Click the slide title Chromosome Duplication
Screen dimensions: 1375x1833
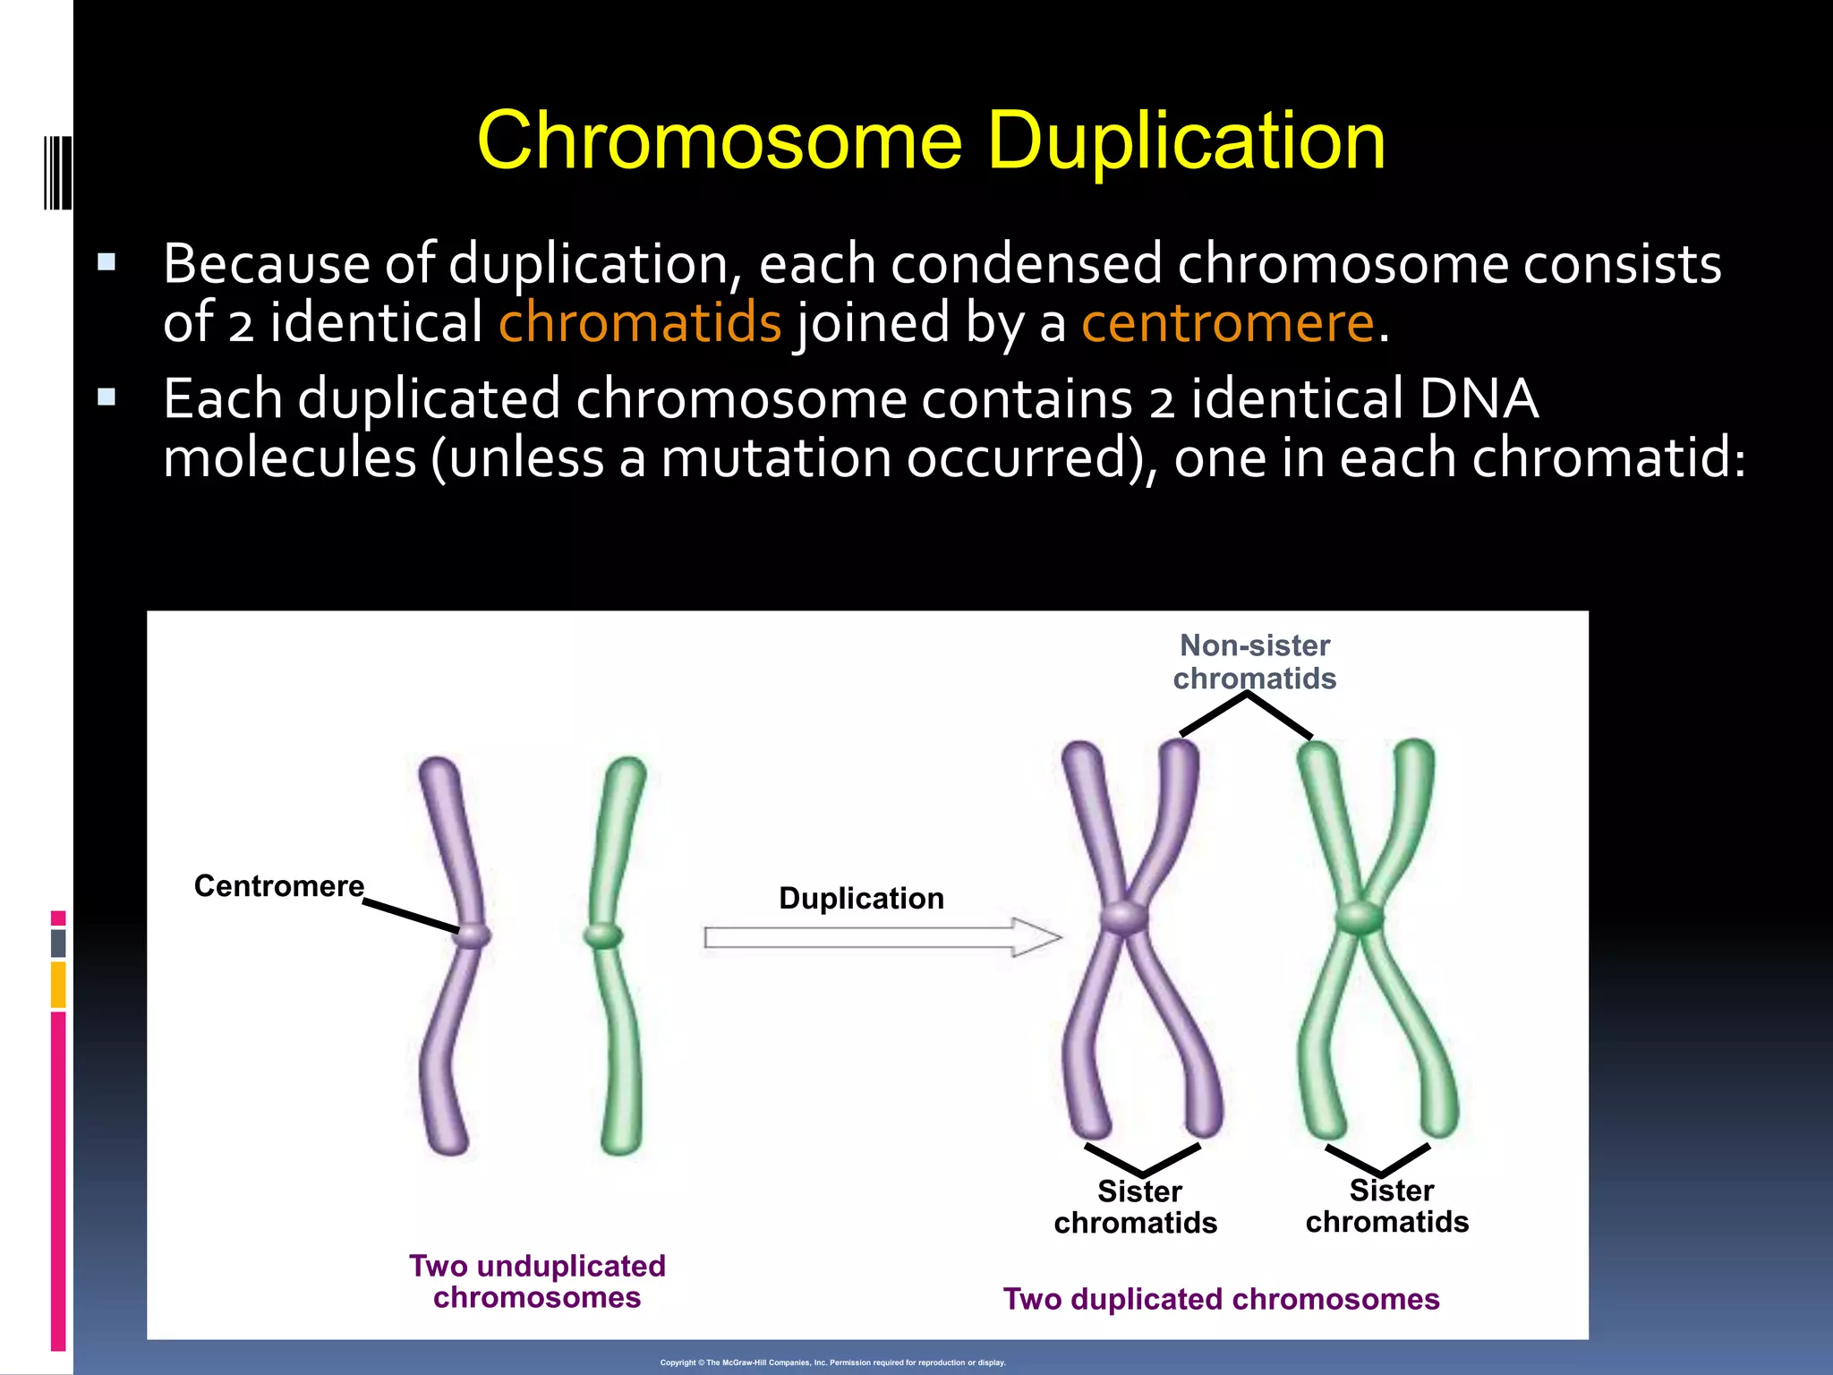pyautogui.click(x=931, y=141)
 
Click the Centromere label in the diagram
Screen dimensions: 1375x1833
pyautogui.click(x=279, y=886)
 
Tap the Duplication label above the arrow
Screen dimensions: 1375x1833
pyautogui.click(x=861, y=898)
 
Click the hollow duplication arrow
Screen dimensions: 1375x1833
pyautogui.click(x=882, y=937)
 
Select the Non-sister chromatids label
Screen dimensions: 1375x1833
pyautogui.click(x=1255, y=662)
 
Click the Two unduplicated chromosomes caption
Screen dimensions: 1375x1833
pyautogui.click(x=537, y=1281)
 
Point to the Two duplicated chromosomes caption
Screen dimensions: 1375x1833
pyautogui.click(x=1221, y=1299)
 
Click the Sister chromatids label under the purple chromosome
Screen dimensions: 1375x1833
pyautogui.click(x=1136, y=1207)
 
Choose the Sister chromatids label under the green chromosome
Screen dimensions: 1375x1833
pyautogui.click(x=1387, y=1206)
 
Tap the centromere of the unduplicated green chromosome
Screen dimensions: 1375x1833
pyautogui.click(x=602, y=936)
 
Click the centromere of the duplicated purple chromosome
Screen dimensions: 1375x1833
pyautogui.click(x=1124, y=918)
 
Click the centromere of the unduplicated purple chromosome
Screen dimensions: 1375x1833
pyautogui.click(x=473, y=935)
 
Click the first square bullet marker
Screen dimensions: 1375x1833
pyautogui.click(x=107, y=262)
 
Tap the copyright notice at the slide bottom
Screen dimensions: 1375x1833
pyautogui.click(x=832, y=1362)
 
